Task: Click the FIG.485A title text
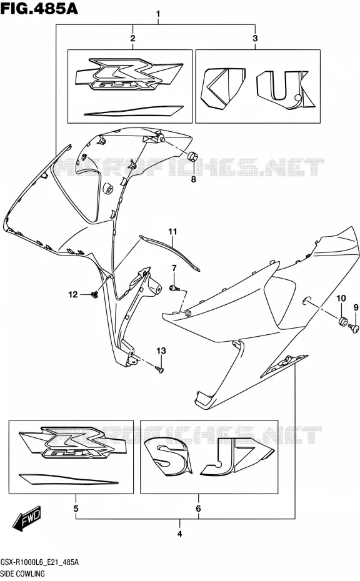pyautogui.click(x=39, y=8)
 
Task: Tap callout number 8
pyautogui.click(x=193, y=180)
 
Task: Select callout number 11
pyautogui.click(x=172, y=232)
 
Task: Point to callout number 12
pyautogui.click(x=73, y=295)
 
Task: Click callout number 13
pyautogui.click(x=161, y=351)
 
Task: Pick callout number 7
pyautogui.click(x=174, y=268)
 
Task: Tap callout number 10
pyautogui.click(x=341, y=298)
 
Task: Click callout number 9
pyautogui.click(x=356, y=307)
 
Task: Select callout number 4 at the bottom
pyautogui.click(x=180, y=534)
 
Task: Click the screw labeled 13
pyautogui.click(x=161, y=369)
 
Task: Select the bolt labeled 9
pyautogui.click(x=354, y=327)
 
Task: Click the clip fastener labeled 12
pyautogui.click(x=94, y=295)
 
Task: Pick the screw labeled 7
pyautogui.click(x=174, y=287)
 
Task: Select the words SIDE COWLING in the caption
pyautogui.click(x=22, y=574)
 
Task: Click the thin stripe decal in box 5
pyautogui.click(x=69, y=479)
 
